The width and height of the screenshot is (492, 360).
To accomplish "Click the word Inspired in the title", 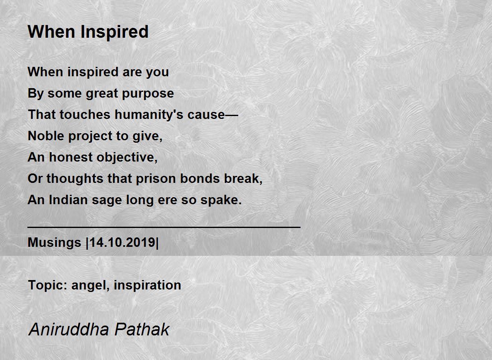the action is tap(114, 32).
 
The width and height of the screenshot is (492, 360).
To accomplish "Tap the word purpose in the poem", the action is tap(148, 94).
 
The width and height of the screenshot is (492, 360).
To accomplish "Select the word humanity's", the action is tap(149, 115).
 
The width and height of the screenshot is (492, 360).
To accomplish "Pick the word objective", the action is tap(127, 157).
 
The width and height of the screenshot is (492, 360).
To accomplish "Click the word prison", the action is tap(156, 179).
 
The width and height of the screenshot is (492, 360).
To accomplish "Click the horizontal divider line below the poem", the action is tap(164, 227).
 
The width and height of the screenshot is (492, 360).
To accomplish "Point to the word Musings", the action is tap(55, 243).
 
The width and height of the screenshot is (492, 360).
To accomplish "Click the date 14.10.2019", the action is tap(123, 243).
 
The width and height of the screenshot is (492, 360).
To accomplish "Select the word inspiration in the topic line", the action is tap(147, 285).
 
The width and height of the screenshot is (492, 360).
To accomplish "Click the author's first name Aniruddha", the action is tap(69, 329).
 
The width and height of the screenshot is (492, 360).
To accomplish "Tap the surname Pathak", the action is tap(142, 329).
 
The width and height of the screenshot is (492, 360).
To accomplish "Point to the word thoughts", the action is tap(75, 179).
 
